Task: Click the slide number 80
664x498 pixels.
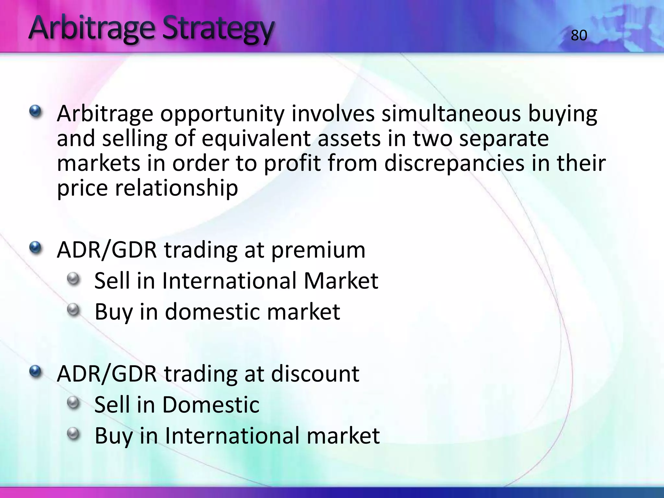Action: pos(579,35)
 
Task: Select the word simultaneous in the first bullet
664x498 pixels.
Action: pos(451,114)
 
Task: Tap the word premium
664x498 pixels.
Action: pos(318,250)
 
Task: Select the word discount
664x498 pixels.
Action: pos(315,374)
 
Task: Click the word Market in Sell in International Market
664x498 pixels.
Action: pos(341,281)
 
